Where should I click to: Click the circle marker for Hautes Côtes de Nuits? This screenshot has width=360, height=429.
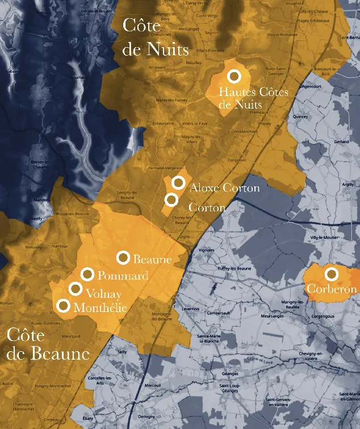pyautogui.click(x=234, y=76)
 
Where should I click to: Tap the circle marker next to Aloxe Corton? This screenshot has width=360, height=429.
pyautogui.click(x=178, y=182)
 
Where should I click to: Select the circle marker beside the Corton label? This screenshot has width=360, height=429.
pyautogui.click(x=171, y=200)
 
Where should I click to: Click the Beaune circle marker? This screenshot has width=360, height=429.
pyautogui.click(x=123, y=257)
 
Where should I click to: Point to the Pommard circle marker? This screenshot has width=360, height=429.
pyautogui.click(x=87, y=274)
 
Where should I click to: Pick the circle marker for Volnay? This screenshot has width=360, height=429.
pyautogui.click(x=75, y=289)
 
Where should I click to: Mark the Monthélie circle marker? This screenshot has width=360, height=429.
pyautogui.click(x=64, y=306)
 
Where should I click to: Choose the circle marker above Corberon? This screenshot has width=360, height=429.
pyautogui.click(x=332, y=274)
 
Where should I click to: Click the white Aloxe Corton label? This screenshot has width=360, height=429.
pyautogui.click(x=225, y=188)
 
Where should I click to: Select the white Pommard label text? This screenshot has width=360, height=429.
pyautogui.click(x=123, y=276)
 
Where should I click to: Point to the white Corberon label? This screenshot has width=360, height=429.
pyautogui.click(x=332, y=289)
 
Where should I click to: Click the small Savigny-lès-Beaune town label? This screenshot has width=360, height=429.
pyautogui.click(x=127, y=194)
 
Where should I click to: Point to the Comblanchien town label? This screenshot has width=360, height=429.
pyautogui.click(x=245, y=131)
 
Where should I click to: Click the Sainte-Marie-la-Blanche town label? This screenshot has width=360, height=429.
pyautogui.click(x=210, y=339)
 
